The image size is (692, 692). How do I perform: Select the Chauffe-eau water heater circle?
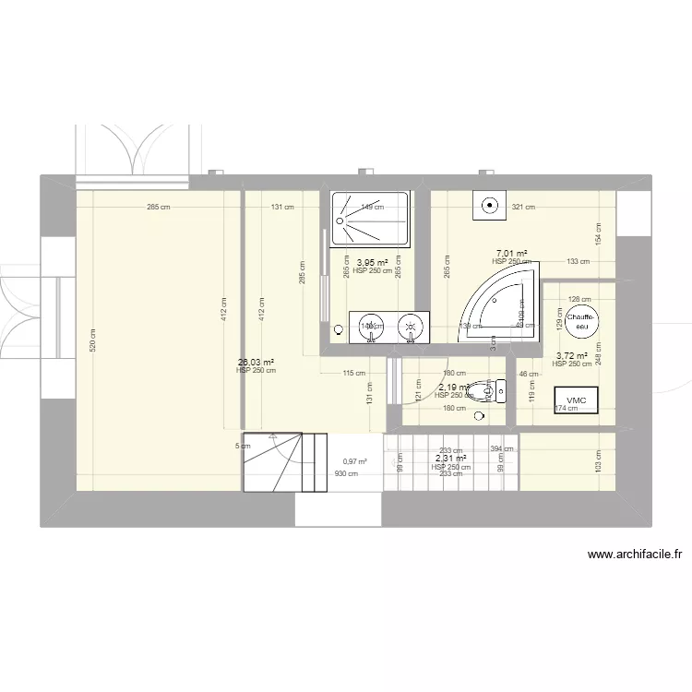pos(582,320)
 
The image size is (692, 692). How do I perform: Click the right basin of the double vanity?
pos(412,327)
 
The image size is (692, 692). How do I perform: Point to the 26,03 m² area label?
pos(256,363)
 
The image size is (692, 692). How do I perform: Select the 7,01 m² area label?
pos(511,254)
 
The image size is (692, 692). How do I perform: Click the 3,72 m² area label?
pos(571,355)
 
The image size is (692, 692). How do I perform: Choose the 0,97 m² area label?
pos(355,462)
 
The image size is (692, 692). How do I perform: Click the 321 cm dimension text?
pos(524,208)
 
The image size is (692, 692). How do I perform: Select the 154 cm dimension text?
pos(598,235)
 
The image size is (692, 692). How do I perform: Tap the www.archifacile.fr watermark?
pos(633,555)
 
